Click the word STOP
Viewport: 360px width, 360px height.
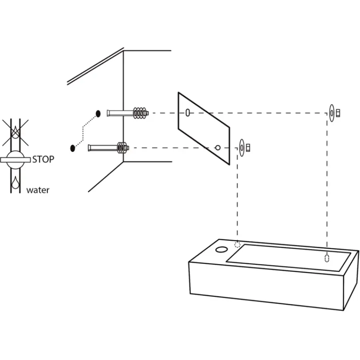click(43, 159)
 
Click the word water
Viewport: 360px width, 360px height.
click(38, 190)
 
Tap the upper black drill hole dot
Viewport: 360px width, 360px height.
click(98, 114)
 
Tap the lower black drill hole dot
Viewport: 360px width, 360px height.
click(72, 148)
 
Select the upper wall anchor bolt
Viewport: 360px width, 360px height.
click(128, 113)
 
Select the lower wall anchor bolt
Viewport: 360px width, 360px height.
click(108, 147)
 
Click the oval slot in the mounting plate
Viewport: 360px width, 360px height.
click(188, 113)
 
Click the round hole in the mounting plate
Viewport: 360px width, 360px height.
click(218, 148)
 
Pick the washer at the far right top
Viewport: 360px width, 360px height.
click(332, 113)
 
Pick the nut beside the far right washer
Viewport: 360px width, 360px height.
click(338, 113)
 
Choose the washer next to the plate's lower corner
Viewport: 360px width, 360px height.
click(242, 148)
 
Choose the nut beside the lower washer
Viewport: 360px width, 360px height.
click(248, 148)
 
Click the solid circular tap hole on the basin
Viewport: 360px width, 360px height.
click(221, 250)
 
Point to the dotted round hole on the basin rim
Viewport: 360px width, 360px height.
click(237, 245)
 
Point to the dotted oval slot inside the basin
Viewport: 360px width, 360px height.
click(327, 258)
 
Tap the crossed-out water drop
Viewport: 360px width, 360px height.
click(15, 132)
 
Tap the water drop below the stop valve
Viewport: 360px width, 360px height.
click(15, 182)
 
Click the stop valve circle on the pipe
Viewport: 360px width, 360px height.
click(15, 160)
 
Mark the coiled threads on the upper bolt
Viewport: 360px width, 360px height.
click(140, 113)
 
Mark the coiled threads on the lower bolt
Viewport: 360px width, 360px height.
click(123, 147)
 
